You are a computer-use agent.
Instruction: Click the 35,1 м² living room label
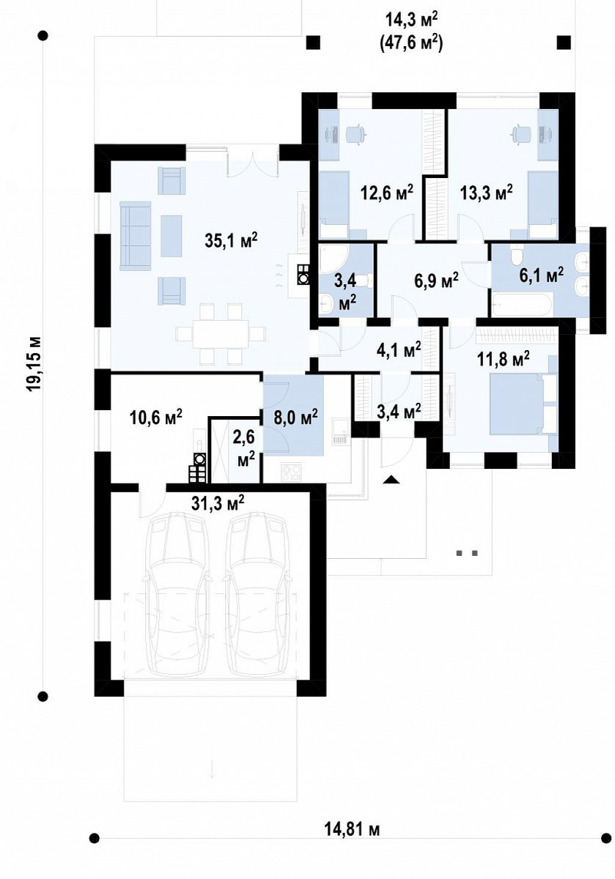231,240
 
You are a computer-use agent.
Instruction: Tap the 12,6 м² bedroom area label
387,193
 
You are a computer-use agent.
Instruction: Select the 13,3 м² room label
486,193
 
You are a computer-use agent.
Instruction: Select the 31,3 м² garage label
218,502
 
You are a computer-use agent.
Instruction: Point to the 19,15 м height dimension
34,363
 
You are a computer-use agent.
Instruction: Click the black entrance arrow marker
391,479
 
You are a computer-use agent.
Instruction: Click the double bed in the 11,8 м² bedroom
523,404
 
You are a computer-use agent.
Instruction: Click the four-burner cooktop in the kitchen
292,472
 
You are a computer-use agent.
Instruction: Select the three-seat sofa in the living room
136,236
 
